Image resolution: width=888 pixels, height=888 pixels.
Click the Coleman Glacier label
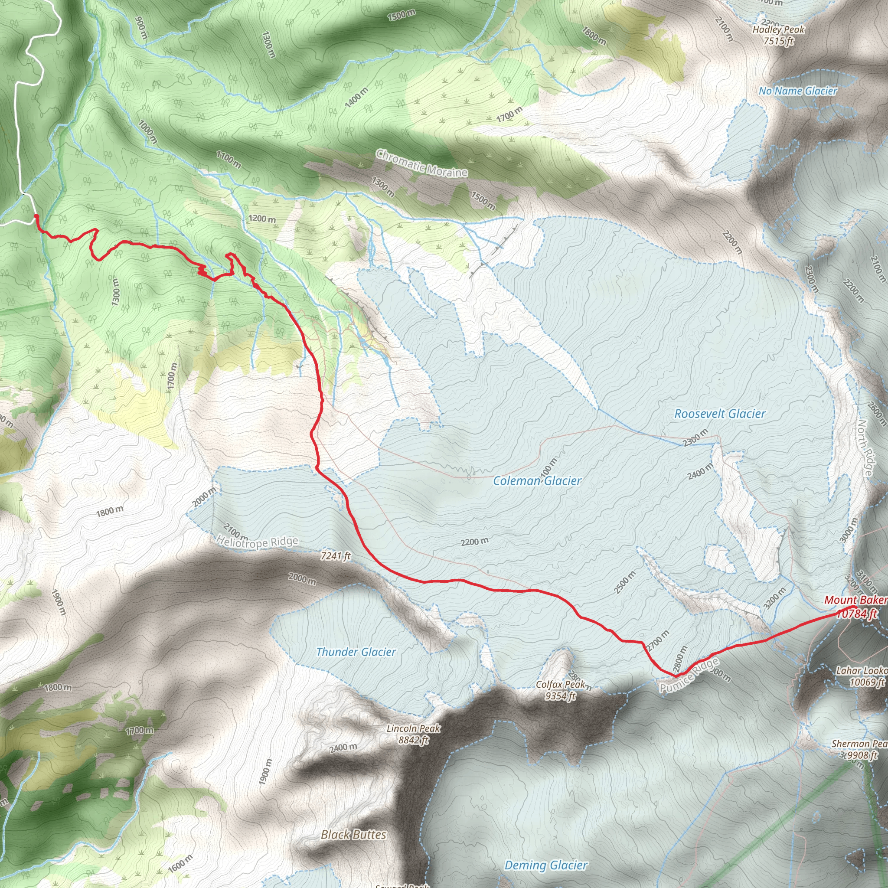(x=537, y=481)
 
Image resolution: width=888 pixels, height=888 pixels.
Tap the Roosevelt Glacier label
(x=720, y=414)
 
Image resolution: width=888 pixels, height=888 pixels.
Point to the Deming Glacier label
(x=545, y=865)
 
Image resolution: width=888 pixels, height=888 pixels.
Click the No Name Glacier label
(x=798, y=91)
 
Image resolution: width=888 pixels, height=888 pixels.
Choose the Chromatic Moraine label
(x=421, y=163)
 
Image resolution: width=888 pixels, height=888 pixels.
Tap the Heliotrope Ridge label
(x=258, y=542)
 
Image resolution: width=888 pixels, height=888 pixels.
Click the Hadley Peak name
(x=779, y=29)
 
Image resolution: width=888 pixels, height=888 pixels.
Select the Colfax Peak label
(x=560, y=684)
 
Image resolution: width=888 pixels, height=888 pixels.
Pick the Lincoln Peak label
(x=413, y=728)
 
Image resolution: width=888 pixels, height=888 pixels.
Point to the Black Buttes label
(x=353, y=835)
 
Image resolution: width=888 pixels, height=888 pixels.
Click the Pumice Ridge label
(x=689, y=675)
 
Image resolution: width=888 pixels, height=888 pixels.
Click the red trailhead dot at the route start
(x=36, y=215)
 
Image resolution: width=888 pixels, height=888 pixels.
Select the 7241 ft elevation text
(x=336, y=556)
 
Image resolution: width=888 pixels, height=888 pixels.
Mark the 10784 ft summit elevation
(x=857, y=614)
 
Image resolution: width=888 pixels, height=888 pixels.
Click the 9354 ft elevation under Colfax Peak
(x=560, y=696)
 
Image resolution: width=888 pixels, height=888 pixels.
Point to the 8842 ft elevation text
(x=413, y=740)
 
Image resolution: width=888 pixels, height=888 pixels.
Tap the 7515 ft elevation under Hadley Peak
(x=779, y=41)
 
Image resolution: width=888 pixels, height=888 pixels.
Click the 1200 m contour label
(x=261, y=219)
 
